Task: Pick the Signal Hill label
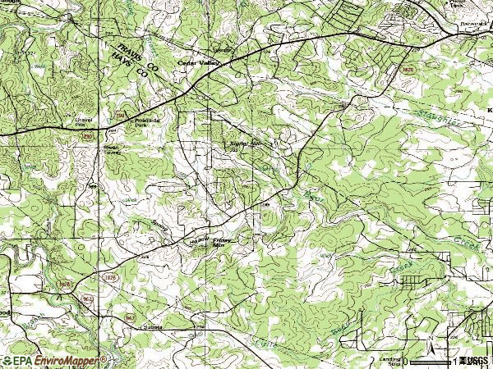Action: tap(243, 143)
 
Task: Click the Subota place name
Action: tap(154, 326)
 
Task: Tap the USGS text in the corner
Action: tap(473, 360)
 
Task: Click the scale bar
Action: tap(431, 359)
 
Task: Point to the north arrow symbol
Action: tap(430, 338)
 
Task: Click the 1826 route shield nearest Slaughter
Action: tap(405, 71)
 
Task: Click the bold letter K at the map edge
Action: tap(488, 107)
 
